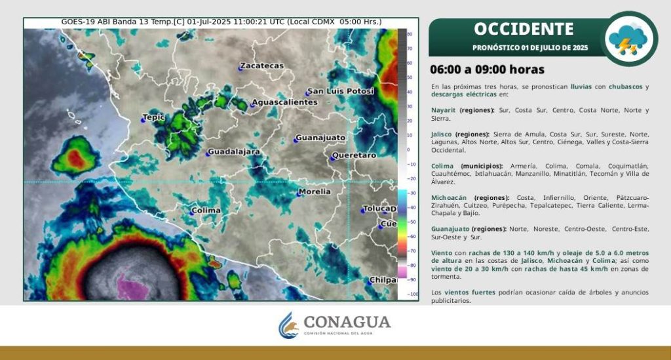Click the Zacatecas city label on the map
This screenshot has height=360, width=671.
tap(262, 66)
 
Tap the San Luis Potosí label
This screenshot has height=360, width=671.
tap(341, 91)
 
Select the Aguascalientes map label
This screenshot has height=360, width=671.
tap(284, 102)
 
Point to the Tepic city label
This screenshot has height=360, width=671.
tap(153, 117)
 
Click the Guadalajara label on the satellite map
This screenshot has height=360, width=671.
tap(234, 152)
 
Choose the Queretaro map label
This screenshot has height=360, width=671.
tap(355, 155)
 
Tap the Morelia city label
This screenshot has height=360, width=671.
tap(315, 191)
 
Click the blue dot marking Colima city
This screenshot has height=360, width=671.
tap(192, 212)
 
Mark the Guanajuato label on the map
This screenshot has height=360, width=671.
tap(320, 138)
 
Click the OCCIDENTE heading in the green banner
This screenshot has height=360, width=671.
tap(524, 29)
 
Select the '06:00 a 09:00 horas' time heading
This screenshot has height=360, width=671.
tap(487, 70)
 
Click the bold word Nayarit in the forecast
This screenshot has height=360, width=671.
tap(444, 110)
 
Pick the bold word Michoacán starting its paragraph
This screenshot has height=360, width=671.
tap(449, 198)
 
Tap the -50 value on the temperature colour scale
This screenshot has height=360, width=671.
tap(412, 222)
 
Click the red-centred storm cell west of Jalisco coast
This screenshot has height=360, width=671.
tap(76, 157)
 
